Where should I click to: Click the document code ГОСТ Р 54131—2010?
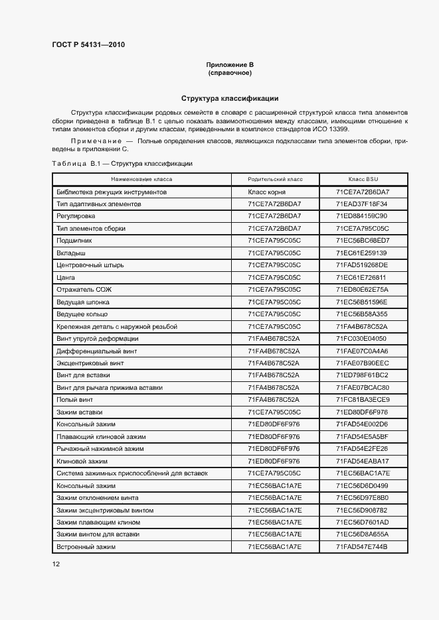click(88, 45)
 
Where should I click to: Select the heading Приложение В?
click(230, 64)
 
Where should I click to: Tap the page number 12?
click(56, 564)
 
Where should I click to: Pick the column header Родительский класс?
click(274, 180)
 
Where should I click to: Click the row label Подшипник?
click(74, 241)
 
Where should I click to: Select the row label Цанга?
click(66, 277)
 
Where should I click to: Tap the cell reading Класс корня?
click(274, 192)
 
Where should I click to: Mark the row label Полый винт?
click(75, 399)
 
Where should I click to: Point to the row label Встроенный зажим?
click(86, 546)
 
